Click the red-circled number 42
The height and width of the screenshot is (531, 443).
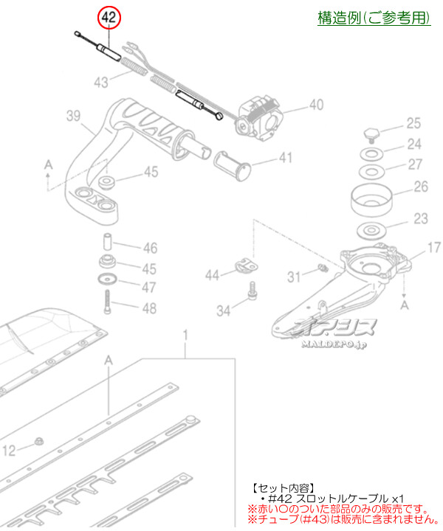click(x=109, y=18)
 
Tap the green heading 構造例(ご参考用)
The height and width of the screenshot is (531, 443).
click(x=374, y=18)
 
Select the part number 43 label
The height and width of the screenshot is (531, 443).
click(x=101, y=83)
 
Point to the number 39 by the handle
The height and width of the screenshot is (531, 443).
click(x=74, y=117)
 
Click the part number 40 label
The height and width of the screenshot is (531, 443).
click(x=316, y=105)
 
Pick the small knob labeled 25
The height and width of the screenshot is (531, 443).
click(x=371, y=133)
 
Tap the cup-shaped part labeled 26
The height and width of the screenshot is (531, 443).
click(x=372, y=200)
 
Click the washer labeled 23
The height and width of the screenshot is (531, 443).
click(x=372, y=231)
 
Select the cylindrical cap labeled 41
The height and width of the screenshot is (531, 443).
click(x=232, y=166)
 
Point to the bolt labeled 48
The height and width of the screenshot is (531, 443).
click(x=108, y=302)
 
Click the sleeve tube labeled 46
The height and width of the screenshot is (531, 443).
click(x=108, y=240)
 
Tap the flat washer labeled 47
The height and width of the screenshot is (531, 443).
click(x=107, y=279)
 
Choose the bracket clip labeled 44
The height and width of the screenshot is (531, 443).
click(x=247, y=265)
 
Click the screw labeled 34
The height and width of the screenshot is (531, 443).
click(x=253, y=291)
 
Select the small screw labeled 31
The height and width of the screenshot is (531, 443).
click(x=323, y=268)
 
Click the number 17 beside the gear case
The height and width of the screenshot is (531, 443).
click(x=434, y=248)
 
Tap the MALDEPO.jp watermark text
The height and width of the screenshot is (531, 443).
click(x=334, y=344)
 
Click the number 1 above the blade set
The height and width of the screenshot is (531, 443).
click(x=185, y=336)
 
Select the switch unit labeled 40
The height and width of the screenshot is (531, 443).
click(x=260, y=117)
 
